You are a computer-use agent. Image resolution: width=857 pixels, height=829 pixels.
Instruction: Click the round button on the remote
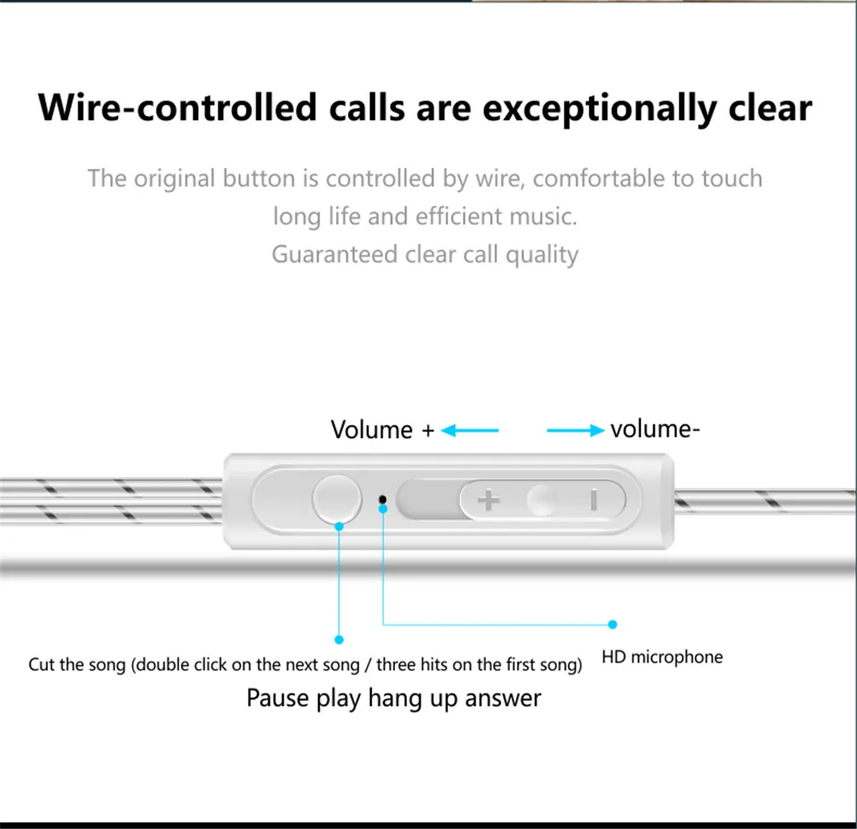tap(337, 499)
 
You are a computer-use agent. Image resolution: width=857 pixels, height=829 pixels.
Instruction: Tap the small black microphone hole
tap(382, 499)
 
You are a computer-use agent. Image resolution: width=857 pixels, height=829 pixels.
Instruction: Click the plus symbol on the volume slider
tap(488, 500)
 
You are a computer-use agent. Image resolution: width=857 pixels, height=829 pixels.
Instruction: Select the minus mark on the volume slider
tap(594, 500)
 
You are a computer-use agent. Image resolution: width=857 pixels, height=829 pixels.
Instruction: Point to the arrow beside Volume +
tap(470, 430)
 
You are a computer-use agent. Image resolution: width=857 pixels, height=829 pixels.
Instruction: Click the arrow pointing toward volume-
tap(576, 430)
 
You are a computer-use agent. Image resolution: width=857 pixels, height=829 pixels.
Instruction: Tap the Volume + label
tap(382, 430)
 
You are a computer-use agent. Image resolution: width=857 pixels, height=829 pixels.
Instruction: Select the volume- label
tap(655, 430)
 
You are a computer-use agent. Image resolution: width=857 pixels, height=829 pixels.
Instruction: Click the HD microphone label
tap(662, 657)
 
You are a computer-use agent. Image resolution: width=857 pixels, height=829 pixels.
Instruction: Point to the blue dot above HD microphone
tap(613, 624)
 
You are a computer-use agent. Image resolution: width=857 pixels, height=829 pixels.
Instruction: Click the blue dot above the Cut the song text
tap(339, 640)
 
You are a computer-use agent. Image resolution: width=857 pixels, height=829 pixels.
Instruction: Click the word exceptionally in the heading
tap(600, 108)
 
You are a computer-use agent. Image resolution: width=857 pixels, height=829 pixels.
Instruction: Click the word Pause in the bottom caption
tap(278, 699)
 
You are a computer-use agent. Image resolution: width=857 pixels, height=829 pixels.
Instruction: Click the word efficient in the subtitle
tap(458, 217)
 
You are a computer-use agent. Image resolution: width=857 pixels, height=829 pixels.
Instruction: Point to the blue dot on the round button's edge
tap(339, 526)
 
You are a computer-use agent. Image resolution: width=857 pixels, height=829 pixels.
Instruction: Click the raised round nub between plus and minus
tap(541, 500)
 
